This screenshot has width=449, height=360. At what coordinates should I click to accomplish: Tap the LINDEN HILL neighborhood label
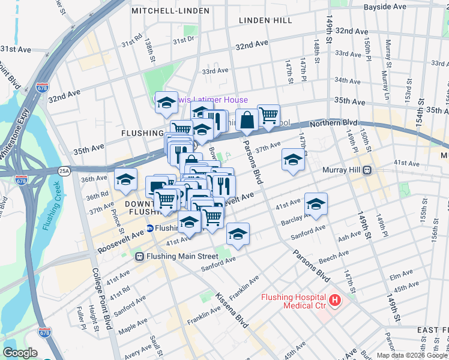tap(265, 20)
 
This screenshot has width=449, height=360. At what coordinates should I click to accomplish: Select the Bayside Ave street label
tap(385, 7)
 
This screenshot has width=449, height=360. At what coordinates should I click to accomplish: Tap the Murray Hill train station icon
tap(365, 170)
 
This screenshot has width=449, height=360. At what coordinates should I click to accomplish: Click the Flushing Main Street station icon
tap(139, 257)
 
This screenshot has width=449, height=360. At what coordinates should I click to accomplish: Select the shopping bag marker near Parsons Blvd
tap(247, 121)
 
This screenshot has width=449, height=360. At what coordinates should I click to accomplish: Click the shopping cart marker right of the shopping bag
tap(269, 115)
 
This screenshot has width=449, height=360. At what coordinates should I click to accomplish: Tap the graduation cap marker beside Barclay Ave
tap(316, 204)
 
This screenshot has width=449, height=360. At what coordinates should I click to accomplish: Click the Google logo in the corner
tap(20, 353)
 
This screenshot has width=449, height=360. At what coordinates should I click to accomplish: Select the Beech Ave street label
tap(334, 259)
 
